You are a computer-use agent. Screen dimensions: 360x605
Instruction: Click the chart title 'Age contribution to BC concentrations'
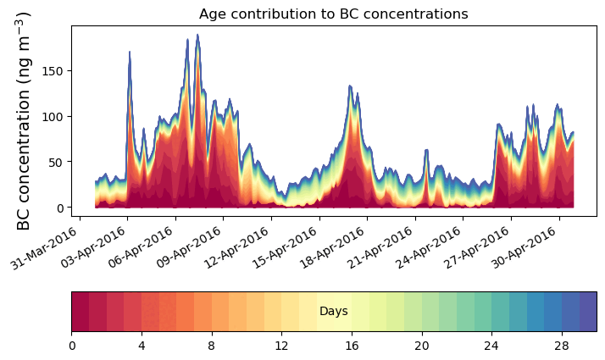(x=333, y=14)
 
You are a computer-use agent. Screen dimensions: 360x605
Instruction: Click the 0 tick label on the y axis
(x=62, y=208)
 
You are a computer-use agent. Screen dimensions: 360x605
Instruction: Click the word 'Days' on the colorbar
(x=334, y=312)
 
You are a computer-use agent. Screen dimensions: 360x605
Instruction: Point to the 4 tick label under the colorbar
(x=142, y=346)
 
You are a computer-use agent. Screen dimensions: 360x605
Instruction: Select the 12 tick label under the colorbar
(x=281, y=346)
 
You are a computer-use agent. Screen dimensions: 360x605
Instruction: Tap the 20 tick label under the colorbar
(x=421, y=346)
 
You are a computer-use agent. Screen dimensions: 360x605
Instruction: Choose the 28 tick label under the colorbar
(x=561, y=346)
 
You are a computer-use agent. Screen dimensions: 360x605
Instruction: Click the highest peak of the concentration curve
(x=197, y=36)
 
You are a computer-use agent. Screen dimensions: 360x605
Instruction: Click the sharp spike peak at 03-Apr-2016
(x=129, y=53)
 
